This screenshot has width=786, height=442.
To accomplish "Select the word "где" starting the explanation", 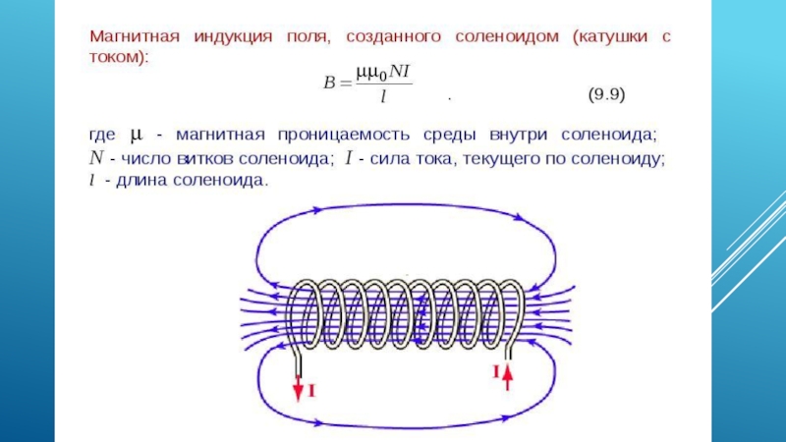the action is tap(103, 134).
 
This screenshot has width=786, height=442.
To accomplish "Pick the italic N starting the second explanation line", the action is tap(96, 157).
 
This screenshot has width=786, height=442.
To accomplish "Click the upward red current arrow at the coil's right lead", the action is tap(508, 375).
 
